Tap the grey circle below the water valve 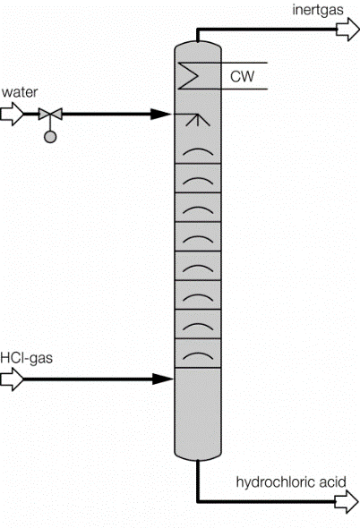pos(48,136)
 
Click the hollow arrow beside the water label pos(13,114)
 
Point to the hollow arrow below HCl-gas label pos(11,379)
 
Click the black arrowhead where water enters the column pos(161,114)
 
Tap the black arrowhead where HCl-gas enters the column pos(161,379)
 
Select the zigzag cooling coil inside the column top pos(192,77)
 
